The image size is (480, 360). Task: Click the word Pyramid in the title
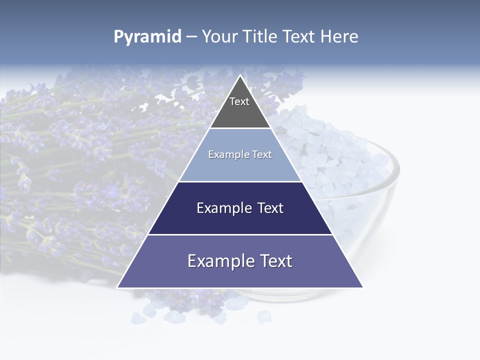pos(147,37)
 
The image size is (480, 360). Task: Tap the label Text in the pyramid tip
pos(239,101)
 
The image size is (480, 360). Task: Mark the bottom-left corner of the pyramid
pos(118,287)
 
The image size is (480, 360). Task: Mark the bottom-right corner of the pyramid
pos(362,287)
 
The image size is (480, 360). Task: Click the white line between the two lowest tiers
pos(240,234)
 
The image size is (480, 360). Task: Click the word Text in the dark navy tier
pos(268,208)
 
